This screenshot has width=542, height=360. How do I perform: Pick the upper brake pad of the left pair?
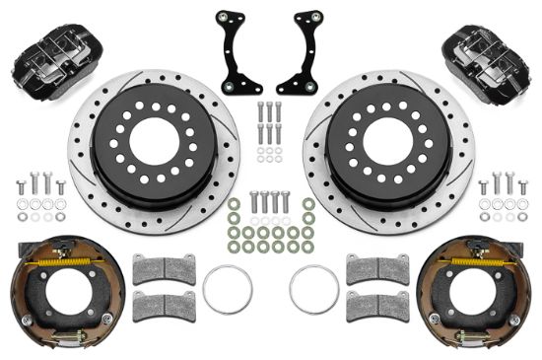coord(164,269)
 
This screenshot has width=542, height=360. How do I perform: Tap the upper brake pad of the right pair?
coord(377,269)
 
